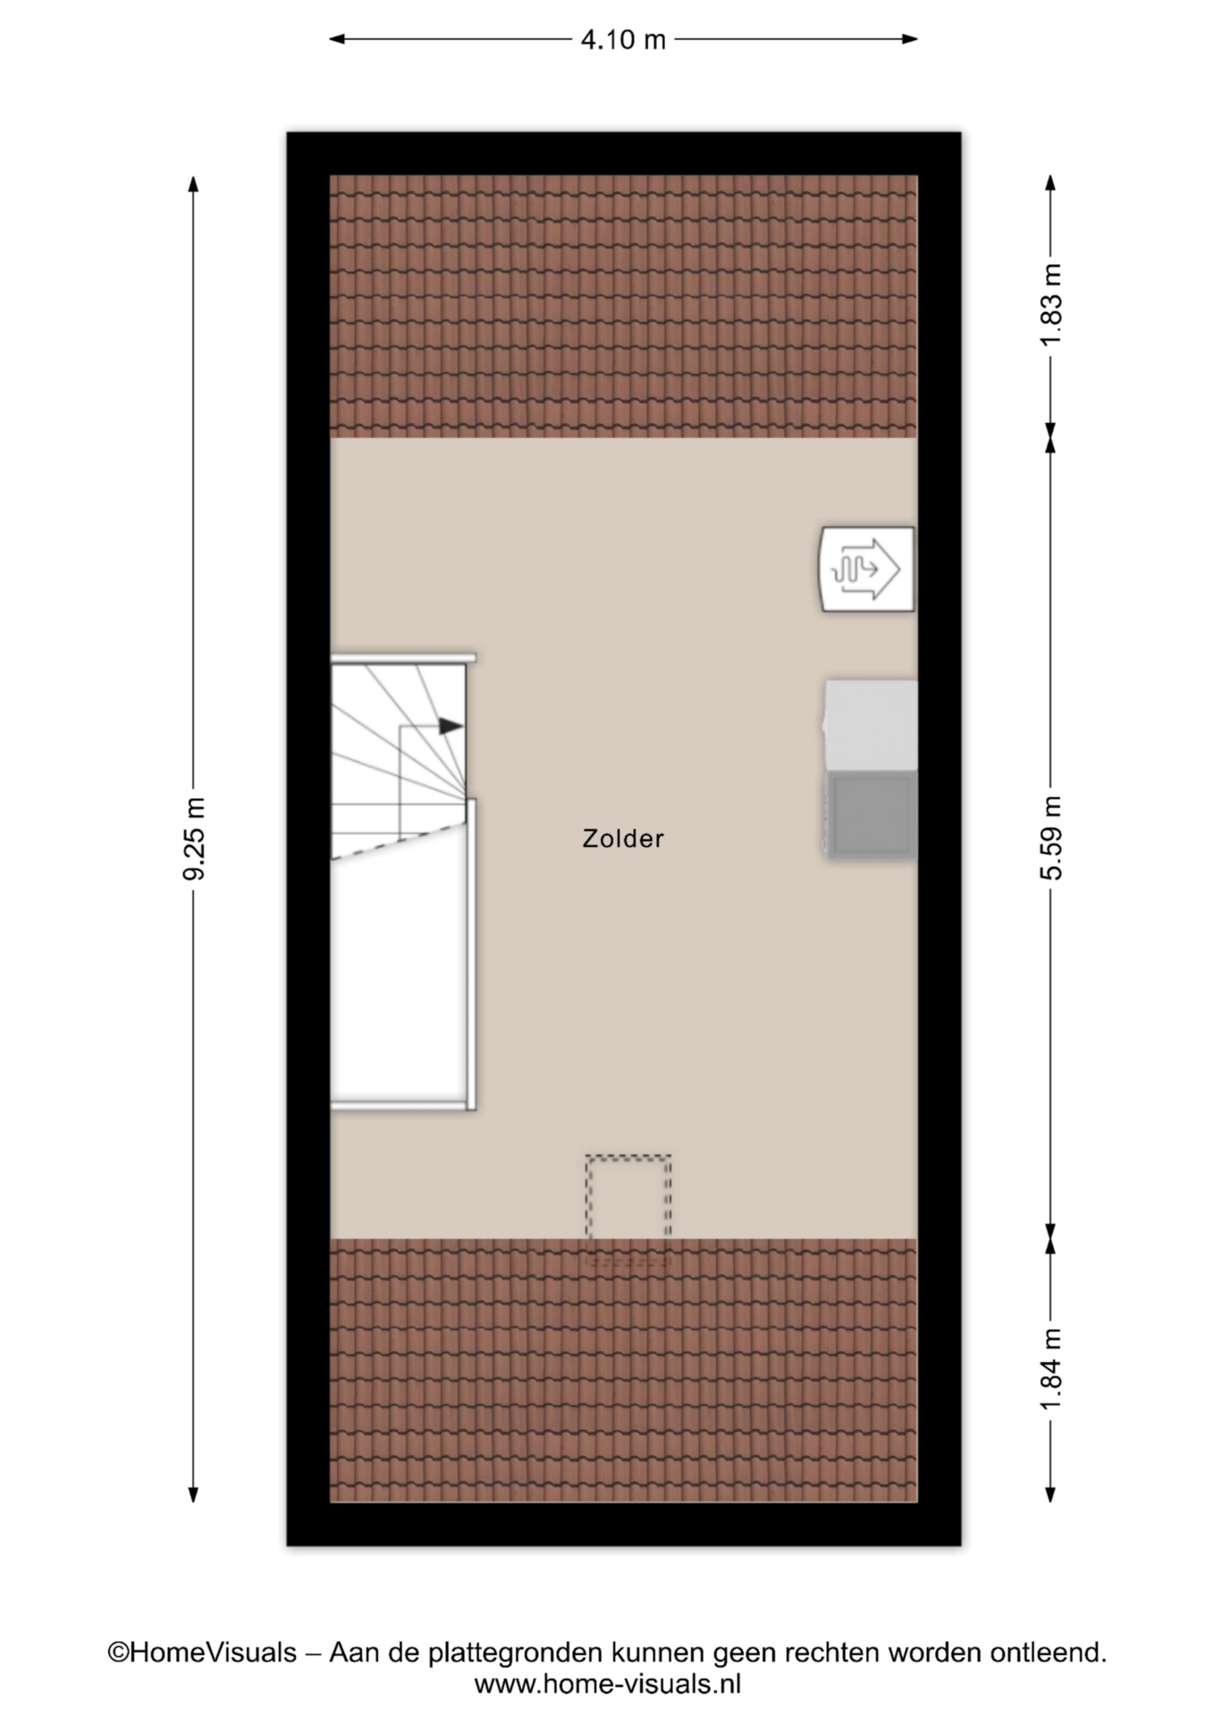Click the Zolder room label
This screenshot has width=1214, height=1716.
point(623,838)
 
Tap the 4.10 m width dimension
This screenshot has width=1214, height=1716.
point(623,39)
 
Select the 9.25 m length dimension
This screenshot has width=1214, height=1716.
point(194,838)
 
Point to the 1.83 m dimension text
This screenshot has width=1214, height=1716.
point(1051,304)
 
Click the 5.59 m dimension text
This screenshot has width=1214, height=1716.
point(1051,837)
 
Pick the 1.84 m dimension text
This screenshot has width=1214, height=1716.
point(1051,1369)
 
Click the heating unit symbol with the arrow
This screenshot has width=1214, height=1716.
point(867,569)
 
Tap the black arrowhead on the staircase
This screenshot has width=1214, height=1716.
point(451,726)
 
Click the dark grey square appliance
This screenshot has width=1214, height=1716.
point(872,815)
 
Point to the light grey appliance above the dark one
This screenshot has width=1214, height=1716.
point(872,725)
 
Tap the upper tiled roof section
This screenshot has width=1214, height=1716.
point(623,306)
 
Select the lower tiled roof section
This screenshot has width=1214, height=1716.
point(623,1370)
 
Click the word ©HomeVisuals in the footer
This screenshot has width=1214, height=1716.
point(202,1653)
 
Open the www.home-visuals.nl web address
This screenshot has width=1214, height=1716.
point(608,1685)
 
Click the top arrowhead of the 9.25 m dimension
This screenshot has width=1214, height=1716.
point(193,183)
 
